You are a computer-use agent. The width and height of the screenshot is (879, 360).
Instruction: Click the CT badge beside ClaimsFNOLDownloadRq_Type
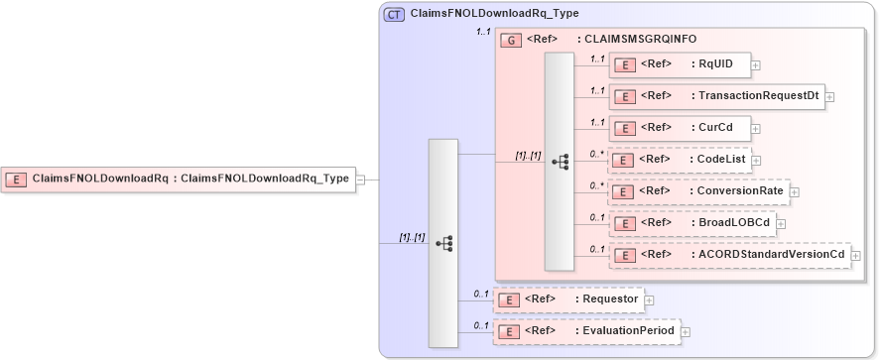tap(394, 14)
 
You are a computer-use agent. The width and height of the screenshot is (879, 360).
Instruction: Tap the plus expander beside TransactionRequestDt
tap(829, 97)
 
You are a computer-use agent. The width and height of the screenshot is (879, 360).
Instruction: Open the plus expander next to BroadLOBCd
tap(781, 223)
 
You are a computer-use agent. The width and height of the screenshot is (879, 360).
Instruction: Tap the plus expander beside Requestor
tap(649, 299)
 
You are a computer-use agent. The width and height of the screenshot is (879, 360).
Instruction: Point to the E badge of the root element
tap(17, 180)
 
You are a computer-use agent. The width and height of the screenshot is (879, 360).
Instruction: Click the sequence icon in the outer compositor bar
tap(443, 243)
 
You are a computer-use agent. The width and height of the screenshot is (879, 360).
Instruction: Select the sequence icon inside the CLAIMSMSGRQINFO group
tap(560, 162)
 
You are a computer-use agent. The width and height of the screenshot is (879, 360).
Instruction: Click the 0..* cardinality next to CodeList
tap(595, 154)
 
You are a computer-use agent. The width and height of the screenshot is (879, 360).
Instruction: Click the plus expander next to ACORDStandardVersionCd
tap(855, 256)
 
